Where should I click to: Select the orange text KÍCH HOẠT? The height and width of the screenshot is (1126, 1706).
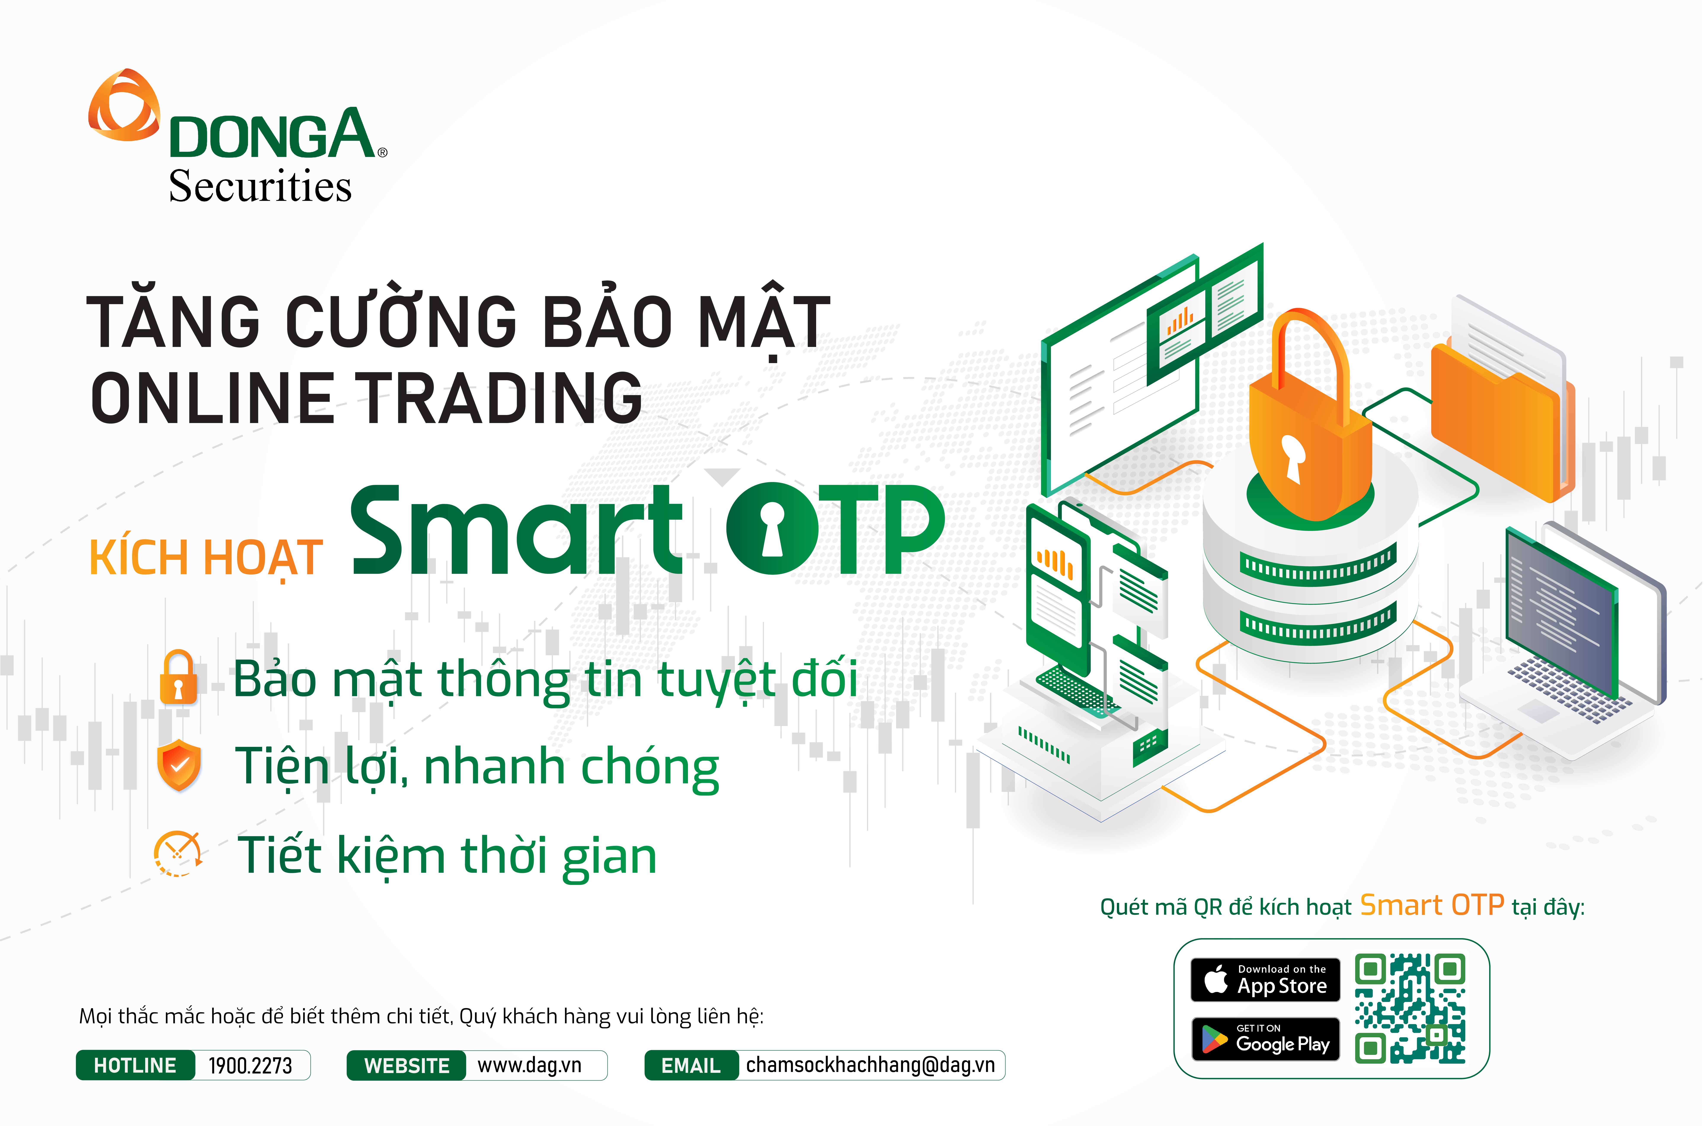point(206,558)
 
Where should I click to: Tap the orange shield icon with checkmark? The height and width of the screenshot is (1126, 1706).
point(179,765)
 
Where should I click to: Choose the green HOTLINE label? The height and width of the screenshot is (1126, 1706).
point(135,1065)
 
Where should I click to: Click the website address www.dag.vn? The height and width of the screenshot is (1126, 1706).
point(530,1065)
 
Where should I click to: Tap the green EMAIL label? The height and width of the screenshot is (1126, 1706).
point(691,1065)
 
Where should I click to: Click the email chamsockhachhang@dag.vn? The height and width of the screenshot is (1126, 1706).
point(870,1065)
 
